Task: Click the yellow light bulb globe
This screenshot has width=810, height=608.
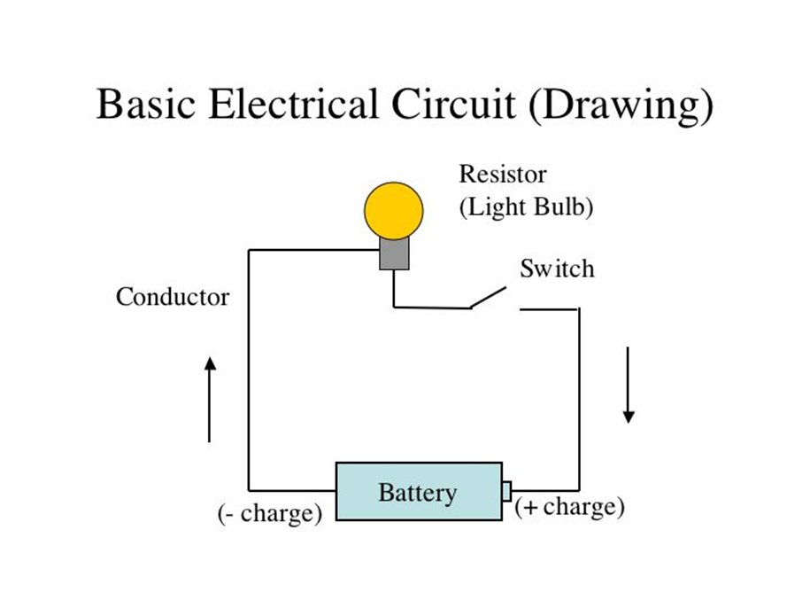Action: point(394,211)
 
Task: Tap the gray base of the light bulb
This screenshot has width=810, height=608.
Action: point(394,253)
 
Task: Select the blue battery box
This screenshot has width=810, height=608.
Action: point(419,491)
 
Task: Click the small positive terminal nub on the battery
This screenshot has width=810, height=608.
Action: point(506,491)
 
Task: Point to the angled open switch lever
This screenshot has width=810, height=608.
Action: point(488,297)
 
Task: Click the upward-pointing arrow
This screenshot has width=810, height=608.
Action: point(210,400)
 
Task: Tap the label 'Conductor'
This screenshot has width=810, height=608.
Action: point(173,297)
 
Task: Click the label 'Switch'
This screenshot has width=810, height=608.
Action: point(557,269)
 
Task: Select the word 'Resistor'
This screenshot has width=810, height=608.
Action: point(503,174)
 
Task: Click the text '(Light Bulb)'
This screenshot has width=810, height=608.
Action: point(527,207)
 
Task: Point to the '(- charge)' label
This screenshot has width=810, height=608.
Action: point(270,513)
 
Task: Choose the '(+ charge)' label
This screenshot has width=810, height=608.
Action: point(570,506)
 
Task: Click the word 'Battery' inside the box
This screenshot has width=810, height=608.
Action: point(418,492)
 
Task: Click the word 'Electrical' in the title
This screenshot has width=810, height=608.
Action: point(293,104)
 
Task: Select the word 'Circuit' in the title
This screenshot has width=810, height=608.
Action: point(453,104)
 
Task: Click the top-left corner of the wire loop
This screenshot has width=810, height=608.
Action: point(249,250)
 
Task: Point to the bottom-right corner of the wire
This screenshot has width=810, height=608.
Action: point(579,490)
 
